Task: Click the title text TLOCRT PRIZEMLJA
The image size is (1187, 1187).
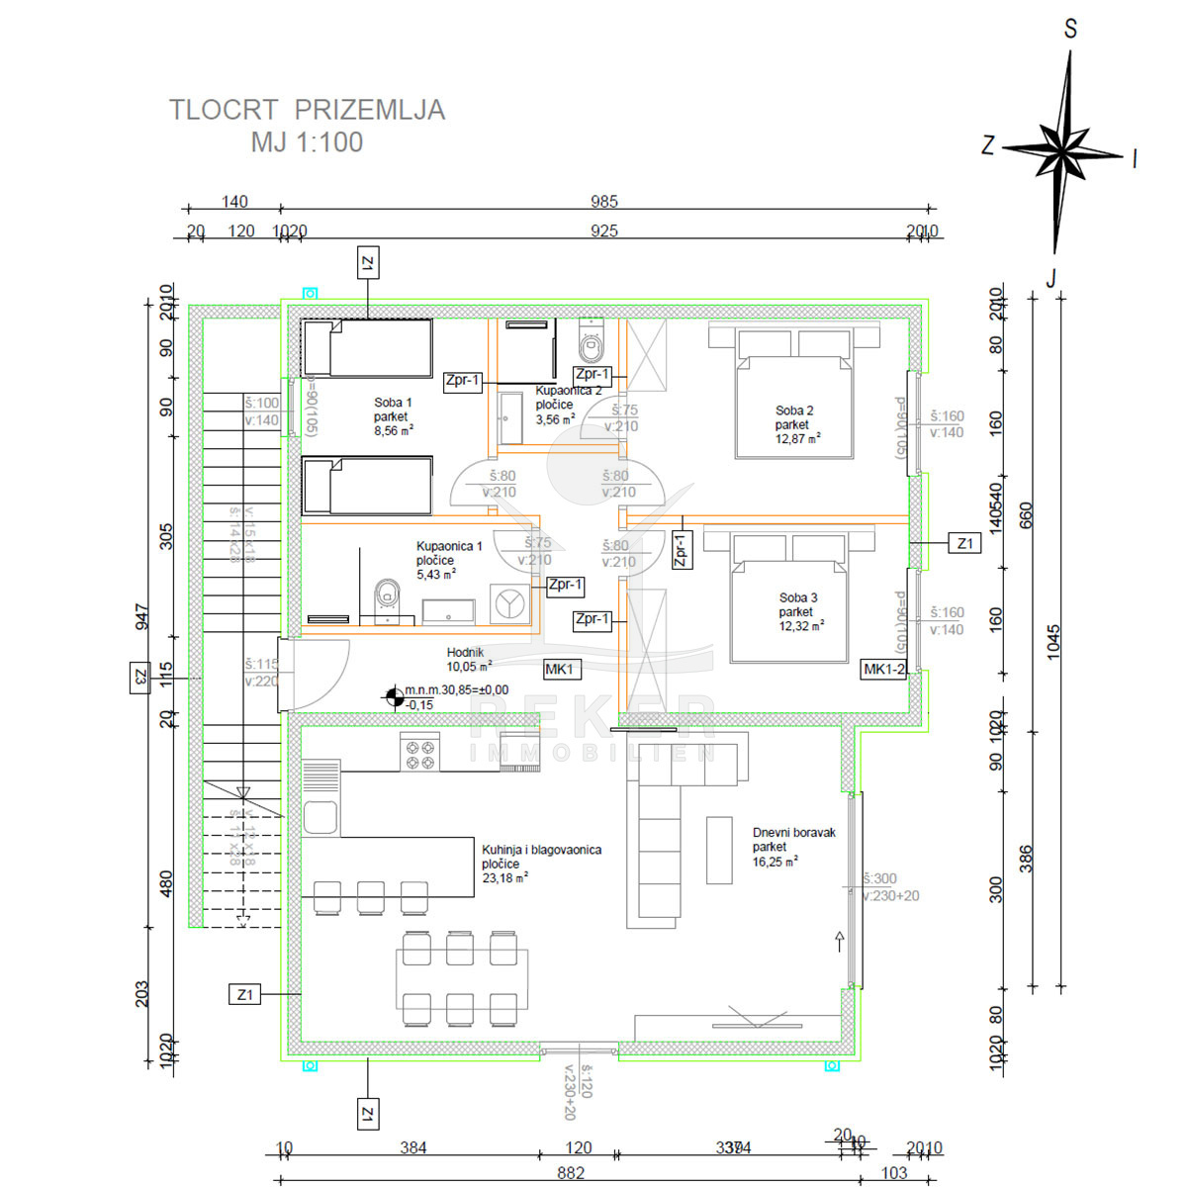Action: pos(307,110)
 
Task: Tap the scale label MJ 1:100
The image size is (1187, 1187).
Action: pos(307,142)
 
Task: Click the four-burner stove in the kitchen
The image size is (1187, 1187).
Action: pos(419,755)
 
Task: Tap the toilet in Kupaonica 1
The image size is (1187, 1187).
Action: pos(386,597)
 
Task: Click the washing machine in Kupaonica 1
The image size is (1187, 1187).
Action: pos(510,603)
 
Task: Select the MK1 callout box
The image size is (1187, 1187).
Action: pos(560,670)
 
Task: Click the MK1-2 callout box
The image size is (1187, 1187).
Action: pos(884,670)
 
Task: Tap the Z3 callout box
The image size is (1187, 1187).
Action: pos(140,678)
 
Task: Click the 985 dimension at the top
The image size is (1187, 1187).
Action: pos(603,202)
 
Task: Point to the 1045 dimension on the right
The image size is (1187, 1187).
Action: pos(1052,643)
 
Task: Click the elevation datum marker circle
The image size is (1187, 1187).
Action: pos(394,697)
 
